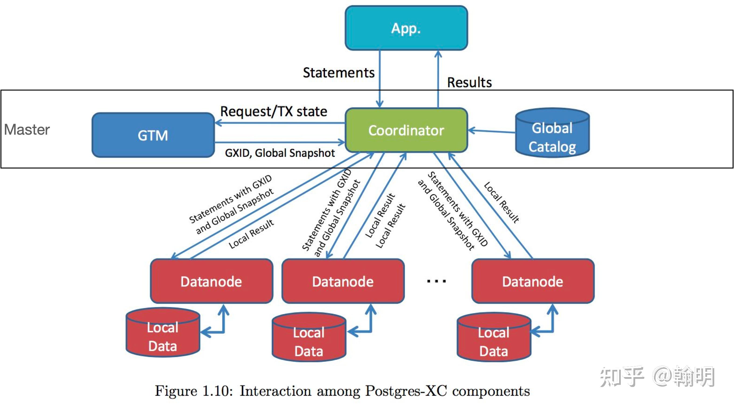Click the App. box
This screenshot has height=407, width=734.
(406, 28)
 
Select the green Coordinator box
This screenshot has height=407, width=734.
(406, 130)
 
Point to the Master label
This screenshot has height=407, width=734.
(27, 130)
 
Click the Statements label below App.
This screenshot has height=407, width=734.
(339, 73)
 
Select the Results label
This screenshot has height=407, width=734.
(469, 82)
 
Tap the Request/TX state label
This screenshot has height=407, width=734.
(274, 111)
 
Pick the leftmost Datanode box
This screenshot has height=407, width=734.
(212, 281)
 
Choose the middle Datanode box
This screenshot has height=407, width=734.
(343, 281)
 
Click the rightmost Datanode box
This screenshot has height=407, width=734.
(533, 281)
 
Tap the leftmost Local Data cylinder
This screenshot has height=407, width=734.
(163, 333)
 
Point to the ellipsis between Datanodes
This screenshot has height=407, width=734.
(436, 281)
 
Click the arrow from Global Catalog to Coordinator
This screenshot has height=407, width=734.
(491, 131)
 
